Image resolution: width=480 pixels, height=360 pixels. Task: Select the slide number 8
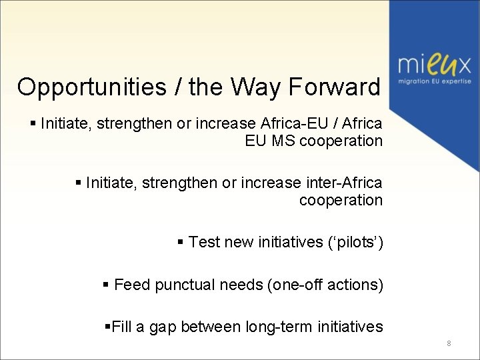click(x=449, y=343)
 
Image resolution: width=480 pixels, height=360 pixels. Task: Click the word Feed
click(x=132, y=285)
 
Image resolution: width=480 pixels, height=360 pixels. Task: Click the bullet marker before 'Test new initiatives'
click(x=181, y=242)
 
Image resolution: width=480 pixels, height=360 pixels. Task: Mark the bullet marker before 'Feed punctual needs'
click(x=106, y=285)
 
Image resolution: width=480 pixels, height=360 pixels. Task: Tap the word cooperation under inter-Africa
click(x=341, y=200)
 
